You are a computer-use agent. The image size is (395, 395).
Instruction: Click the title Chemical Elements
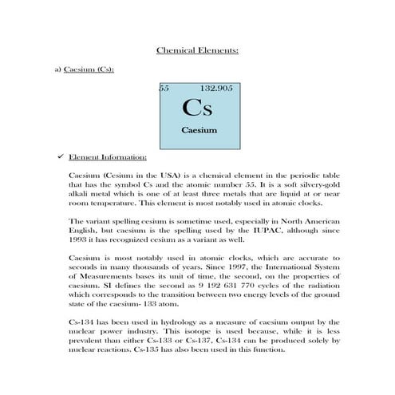[x=197, y=50]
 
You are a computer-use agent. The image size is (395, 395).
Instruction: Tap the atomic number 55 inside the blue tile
[x=164, y=88]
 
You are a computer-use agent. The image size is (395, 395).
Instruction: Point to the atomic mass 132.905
[x=216, y=88]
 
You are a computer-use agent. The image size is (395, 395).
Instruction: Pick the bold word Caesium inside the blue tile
[x=198, y=129]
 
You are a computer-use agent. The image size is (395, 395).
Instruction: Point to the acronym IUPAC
[x=251, y=229]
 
